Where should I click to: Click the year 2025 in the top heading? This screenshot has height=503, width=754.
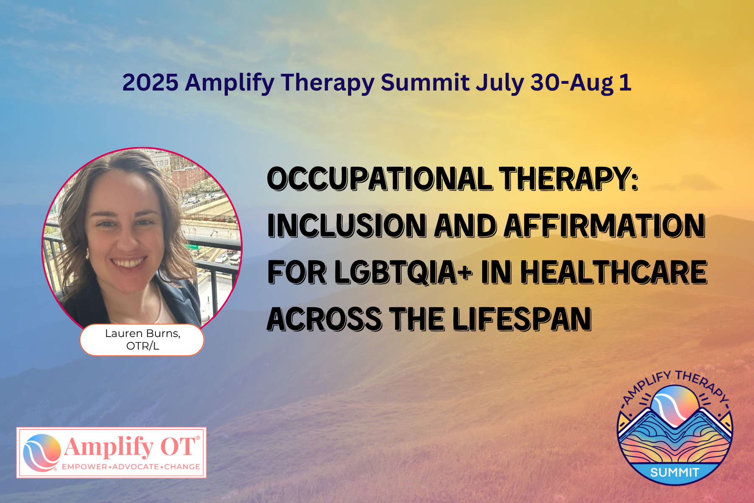[x=150, y=82]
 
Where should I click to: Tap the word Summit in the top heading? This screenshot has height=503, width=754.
[x=425, y=82]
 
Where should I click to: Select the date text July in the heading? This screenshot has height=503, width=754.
[x=500, y=83]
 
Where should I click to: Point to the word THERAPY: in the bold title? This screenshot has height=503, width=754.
[x=569, y=179]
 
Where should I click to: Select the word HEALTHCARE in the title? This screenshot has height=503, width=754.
[x=614, y=273]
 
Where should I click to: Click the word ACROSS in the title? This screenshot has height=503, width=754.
[x=324, y=319]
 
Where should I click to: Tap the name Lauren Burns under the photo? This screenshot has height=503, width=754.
[x=142, y=334]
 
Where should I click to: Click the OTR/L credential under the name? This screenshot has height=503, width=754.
[x=142, y=346]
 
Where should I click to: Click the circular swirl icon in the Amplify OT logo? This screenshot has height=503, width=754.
[x=41, y=453]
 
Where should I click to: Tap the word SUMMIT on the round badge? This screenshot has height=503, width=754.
[x=674, y=473]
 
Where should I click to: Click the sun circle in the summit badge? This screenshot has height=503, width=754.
[x=675, y=404]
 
